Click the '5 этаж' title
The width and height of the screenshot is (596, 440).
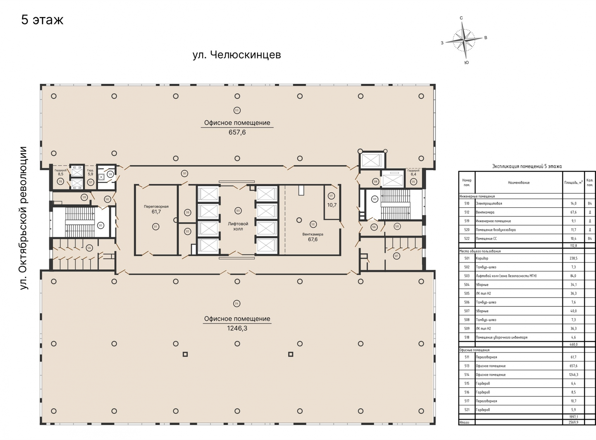(42, 20)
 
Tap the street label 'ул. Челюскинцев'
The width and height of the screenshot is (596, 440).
(237, 55)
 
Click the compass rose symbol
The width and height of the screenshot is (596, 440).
(464, 41)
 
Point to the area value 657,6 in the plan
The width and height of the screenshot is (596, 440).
(237, 132)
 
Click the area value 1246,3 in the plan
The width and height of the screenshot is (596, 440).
(237, 328)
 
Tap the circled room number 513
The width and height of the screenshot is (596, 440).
(237, 110)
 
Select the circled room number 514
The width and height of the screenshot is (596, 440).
(237, 304)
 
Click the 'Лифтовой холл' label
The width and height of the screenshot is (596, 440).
(238, 226)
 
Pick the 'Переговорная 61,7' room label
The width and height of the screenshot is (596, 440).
(156, 209)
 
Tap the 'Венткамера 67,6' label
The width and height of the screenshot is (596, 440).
(313, 237)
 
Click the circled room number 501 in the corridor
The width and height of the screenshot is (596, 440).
(184, 173)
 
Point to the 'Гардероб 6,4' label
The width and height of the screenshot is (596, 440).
(413, 172)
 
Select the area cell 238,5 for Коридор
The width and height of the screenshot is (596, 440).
(573, 258)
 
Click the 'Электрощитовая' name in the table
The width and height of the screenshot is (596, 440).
(489, 204)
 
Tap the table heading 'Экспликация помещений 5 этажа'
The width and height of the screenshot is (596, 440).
(527, 166)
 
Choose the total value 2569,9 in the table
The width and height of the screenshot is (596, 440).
(573, 422)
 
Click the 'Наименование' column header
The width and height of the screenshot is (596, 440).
(518, 183)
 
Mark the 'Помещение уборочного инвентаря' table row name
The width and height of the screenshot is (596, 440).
(501, 337)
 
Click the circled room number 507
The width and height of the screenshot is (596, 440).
(396, 256)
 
